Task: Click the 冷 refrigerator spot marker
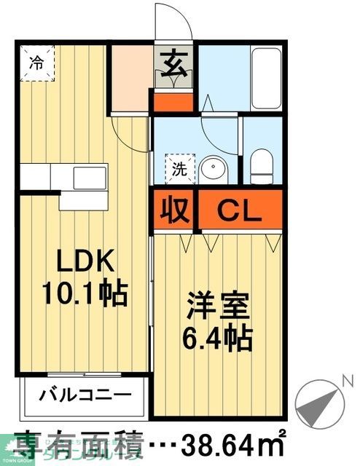pos(36,63)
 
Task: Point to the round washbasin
pos(214,169)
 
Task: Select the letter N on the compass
pos(348,379)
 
